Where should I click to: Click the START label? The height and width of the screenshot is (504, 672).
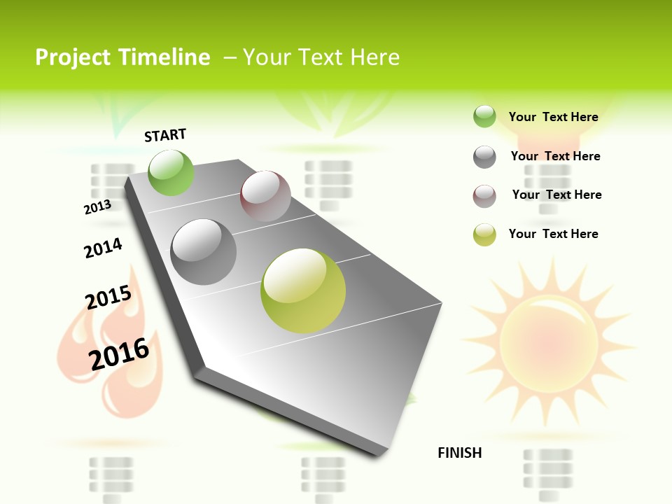[165, 135]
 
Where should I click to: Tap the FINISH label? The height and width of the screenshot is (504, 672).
[460, 453]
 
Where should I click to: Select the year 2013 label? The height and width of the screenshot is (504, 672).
[97, 207]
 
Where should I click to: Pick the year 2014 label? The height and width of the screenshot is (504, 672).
[103, 248]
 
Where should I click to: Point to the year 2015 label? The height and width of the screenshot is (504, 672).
[108, 297]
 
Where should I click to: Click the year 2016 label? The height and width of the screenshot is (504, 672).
[119, 353]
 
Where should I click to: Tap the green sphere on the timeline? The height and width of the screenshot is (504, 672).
[171, 172]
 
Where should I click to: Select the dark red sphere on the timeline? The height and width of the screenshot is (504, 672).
[265, 196]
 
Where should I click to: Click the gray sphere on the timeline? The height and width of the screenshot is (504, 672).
[204, 252]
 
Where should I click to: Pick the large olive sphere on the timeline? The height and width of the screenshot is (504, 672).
[303, 290]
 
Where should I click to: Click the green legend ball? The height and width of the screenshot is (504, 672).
[484, 116]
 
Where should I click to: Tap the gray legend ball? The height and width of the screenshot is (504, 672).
[484, 157]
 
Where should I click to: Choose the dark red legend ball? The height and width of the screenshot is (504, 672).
[484, 196]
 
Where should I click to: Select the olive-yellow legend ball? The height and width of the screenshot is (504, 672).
[484, 234]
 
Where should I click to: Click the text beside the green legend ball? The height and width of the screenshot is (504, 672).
[553, 117]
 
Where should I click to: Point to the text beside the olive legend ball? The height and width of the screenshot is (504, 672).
[553, 234]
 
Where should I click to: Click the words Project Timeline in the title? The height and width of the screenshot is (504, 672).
[122, 57]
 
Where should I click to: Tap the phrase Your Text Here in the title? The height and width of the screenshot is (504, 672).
[321, 57]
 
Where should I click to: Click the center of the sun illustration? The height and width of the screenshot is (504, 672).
[549, 341]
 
